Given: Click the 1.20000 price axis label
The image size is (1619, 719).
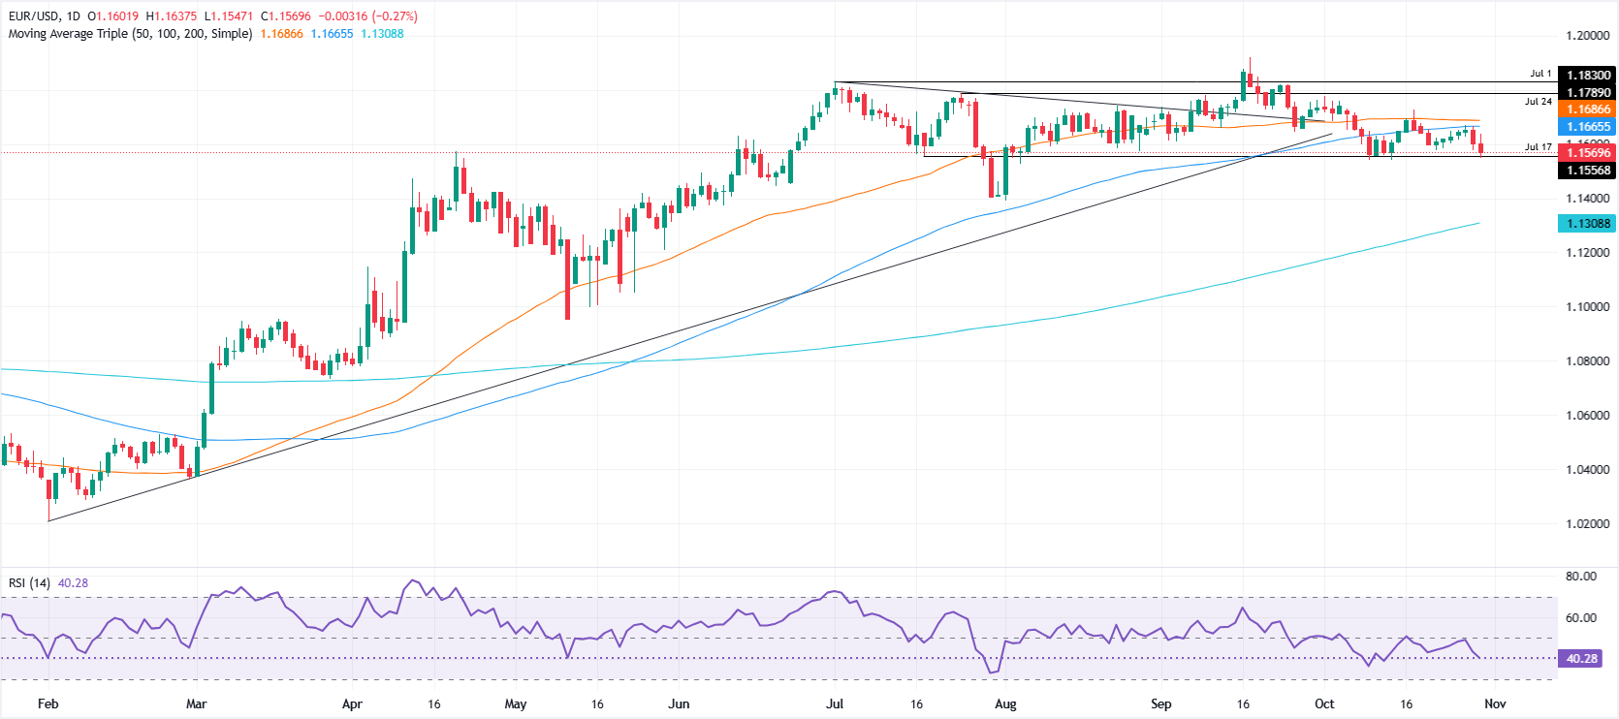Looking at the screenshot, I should click(x=1587, y=36).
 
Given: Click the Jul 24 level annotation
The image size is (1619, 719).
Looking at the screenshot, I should click(x=1538, y=102).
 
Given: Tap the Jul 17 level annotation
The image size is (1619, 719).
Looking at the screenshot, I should click(x=1538, y=147).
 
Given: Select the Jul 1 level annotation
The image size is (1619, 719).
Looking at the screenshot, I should click(x=1540, y=74).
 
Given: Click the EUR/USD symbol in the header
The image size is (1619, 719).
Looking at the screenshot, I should click(x=35, y=16).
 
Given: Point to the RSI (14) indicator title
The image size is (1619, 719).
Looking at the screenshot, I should click(x=29, y=583).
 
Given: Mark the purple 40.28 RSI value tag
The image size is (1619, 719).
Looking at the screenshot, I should click(x=1581, y=659).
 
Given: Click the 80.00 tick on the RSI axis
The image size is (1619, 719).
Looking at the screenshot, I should click(x=1580, y=577).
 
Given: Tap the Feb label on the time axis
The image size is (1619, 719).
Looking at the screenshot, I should click(x=48, y=704).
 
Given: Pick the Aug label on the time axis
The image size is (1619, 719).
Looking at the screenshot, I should click(x=1005, y=704).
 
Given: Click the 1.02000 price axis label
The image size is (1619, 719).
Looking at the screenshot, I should click(x=1587, y=524).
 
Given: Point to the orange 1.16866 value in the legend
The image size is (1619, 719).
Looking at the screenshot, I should click(x=281, y=34).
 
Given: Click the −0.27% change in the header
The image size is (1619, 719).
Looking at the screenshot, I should click(x=395, y=16).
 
